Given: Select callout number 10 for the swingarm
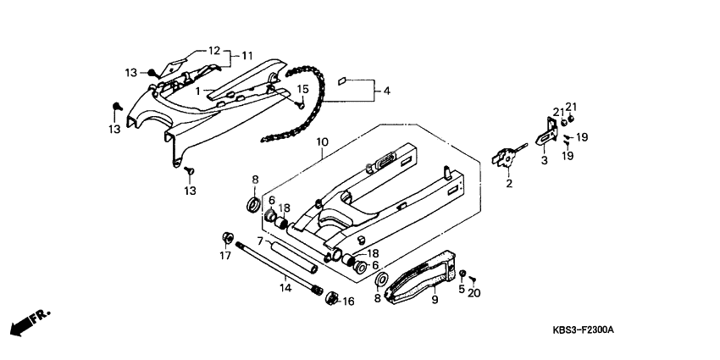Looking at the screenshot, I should pos(323,142).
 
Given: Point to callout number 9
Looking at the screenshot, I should pos(434,298).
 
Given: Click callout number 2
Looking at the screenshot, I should pos(510,183).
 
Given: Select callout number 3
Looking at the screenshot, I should pos(544,158).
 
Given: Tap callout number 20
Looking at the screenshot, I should pos(474,293).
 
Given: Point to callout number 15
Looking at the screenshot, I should pos(302,89).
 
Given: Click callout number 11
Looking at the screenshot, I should pos(248,55).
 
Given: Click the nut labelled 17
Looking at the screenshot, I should pos(226,235).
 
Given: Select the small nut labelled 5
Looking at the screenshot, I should pos(463,274).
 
